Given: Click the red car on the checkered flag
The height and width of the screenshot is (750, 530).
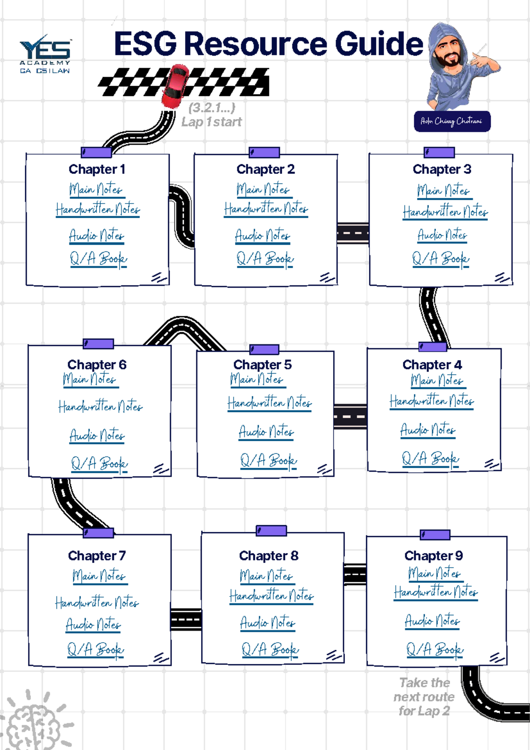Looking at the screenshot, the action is pos(175,86).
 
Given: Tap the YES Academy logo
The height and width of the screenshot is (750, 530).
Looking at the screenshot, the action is pos(45,53).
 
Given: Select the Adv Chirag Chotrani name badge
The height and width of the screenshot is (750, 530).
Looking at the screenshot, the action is pos(452,121).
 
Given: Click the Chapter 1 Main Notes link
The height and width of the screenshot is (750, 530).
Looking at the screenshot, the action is pos(96,189).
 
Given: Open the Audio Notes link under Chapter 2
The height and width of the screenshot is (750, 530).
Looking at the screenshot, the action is pos(262,236).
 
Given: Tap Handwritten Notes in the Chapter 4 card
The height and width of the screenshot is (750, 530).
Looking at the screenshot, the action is pos(432,401).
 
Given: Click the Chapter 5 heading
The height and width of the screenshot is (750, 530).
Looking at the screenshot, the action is pos(262,364).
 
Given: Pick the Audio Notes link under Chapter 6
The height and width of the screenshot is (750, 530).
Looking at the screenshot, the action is pos(97,436).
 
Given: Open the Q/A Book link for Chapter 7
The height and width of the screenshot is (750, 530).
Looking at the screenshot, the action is pos(95,650).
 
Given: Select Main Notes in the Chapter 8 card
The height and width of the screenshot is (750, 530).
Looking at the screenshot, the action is pos(266,576).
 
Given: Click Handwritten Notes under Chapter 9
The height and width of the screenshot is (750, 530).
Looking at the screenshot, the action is pos(436,592).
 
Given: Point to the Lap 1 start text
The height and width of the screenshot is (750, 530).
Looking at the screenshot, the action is pos(212,122).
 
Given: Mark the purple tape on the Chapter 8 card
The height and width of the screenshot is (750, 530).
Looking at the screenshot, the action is pos(271,530).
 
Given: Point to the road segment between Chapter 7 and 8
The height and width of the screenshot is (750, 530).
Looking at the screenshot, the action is pos(186,619).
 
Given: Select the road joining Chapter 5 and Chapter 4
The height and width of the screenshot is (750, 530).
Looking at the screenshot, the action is pos(350,417).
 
